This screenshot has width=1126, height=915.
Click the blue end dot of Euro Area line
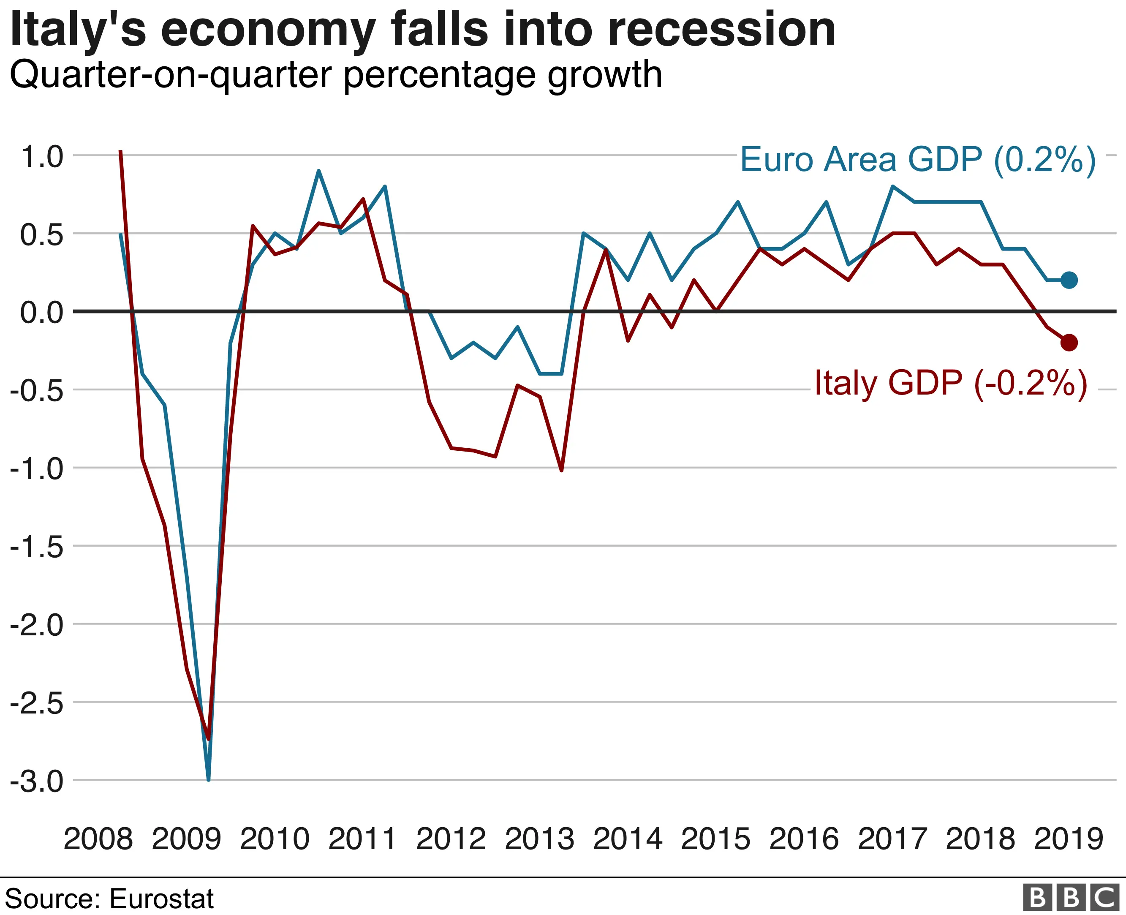[x=1069, y=280]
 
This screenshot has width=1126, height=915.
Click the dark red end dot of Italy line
[x=1069, y=343]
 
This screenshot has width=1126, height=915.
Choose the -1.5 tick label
[x=37, y=547]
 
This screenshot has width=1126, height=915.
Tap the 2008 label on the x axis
[x=98, y=839]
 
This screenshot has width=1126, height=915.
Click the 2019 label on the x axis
[x=1069, y=839]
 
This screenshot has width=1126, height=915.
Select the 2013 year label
[x=539, y=839]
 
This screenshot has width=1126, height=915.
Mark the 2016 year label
[x=804, y=839]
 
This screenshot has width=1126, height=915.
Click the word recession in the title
[x=721, y=30]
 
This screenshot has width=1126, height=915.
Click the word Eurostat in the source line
[x=162, y=899]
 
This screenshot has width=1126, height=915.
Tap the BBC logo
[x=1071, y=898]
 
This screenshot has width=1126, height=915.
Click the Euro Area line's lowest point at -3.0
[x=209, y=779]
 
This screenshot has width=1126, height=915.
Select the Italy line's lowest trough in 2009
[x=209, y=739]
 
